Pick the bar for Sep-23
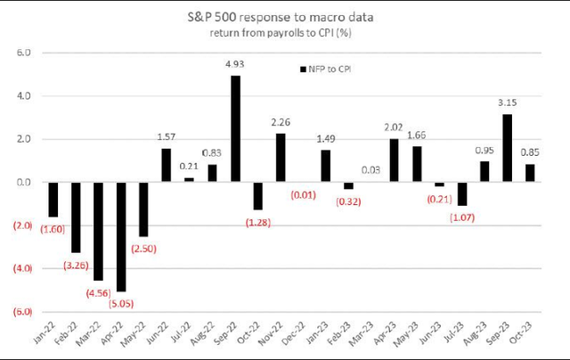500,148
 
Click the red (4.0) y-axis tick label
20,268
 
